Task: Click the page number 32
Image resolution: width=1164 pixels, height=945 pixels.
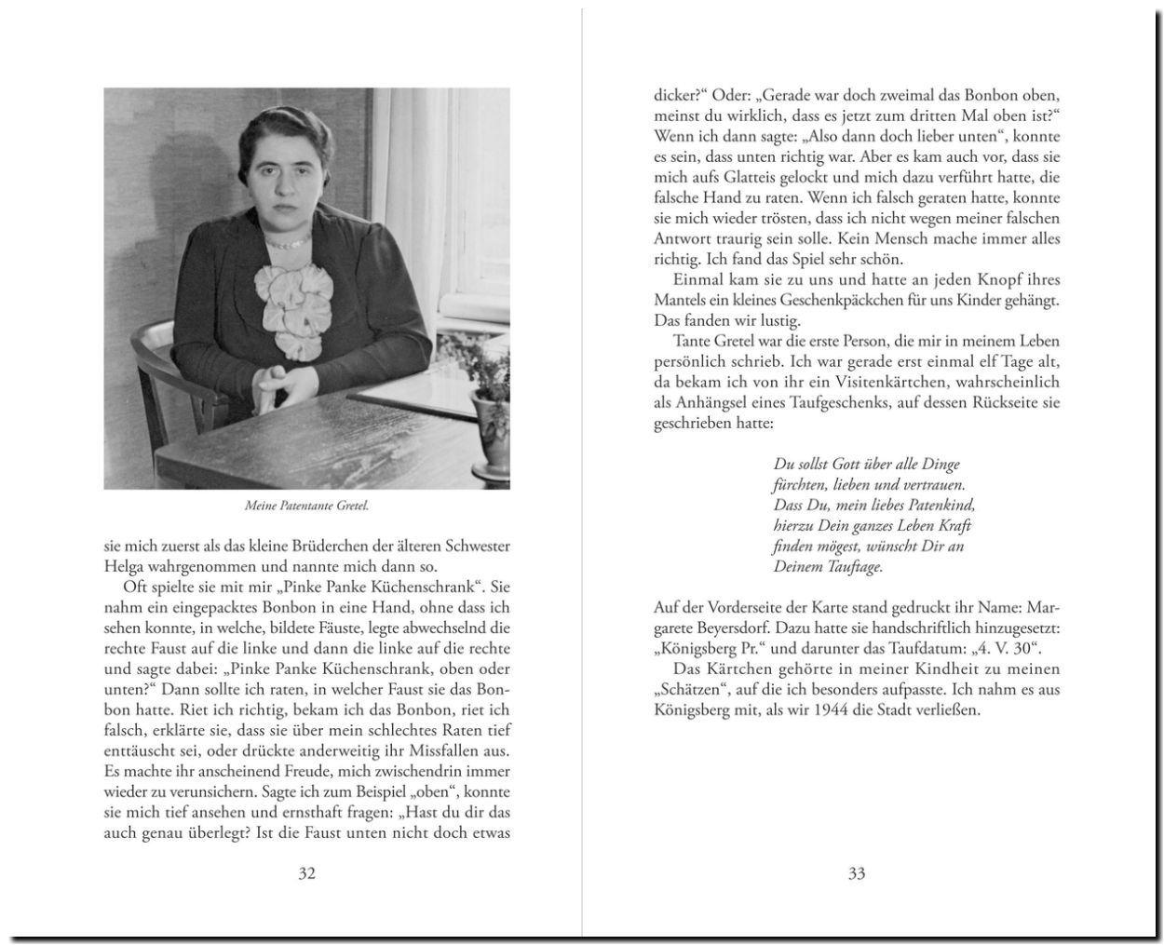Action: pyautogui.click(x=306, y=873)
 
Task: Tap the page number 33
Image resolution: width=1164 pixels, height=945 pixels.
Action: pyautogui.click(x=857, y=873)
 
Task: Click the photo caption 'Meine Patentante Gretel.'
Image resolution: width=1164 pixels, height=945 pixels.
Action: pyautogui.click(x=306, y=506)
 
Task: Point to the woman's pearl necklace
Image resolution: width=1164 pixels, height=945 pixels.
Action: pyautogui.click(x=287, y=240)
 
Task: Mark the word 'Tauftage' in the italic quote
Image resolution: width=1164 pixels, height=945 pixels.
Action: pyautogui.click(x=852, y=566)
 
